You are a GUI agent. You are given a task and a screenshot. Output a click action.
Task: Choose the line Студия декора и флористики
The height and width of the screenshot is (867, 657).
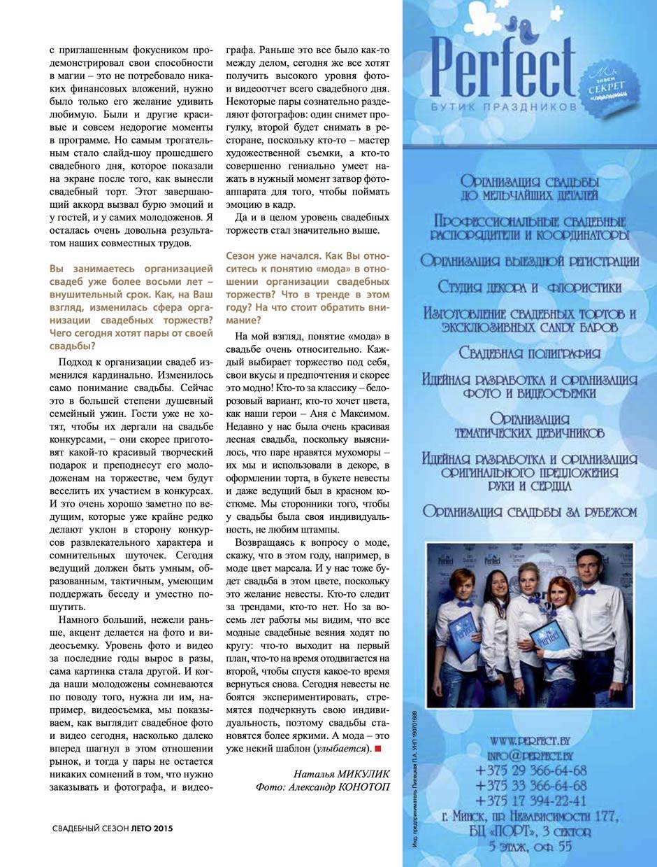530,287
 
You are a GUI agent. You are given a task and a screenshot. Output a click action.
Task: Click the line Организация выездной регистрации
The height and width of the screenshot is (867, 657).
530,261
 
